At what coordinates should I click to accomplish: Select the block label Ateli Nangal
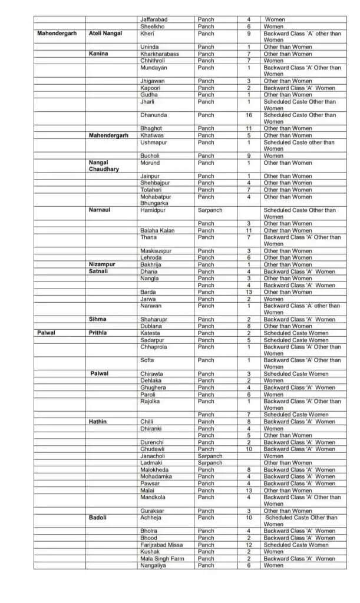pos(105,34)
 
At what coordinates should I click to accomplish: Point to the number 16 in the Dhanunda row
pos(249,115)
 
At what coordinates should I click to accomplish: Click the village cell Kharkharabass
pos(160,54)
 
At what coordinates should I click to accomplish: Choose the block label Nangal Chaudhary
pos(104,166)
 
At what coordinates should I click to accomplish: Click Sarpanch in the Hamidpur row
pos(210,210)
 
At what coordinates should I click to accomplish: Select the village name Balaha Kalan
pos(157,230)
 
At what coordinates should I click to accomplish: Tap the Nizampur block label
pos(102,264)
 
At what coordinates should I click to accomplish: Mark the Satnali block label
pos(98,271)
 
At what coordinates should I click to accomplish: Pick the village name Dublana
pos(151,326)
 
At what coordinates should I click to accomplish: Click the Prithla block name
pos(98,333)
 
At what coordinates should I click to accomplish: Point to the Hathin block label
pos(98,422)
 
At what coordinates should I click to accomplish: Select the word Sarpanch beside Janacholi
pos(210,456)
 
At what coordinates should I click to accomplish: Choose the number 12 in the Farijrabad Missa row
pos(249,545)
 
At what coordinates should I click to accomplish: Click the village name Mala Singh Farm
pos(162,558)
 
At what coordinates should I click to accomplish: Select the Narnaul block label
pos(100,210)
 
